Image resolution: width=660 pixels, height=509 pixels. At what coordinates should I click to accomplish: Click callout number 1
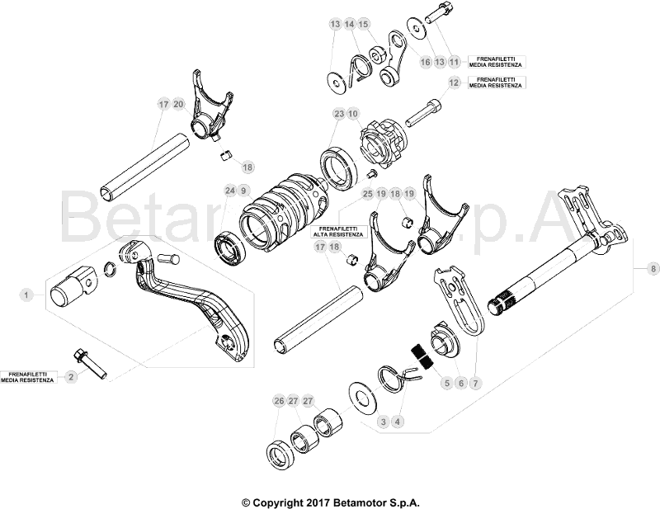click(x=27, y=294)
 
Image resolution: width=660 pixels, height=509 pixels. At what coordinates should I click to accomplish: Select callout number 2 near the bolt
click(x=71, y=377)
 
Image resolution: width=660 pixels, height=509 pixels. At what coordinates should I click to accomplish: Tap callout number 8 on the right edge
click(x=653, y=269)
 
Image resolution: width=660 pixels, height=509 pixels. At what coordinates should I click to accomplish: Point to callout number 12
click(x=454, y=82)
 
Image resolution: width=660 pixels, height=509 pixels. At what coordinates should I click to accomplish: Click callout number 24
click(x=229, y=191)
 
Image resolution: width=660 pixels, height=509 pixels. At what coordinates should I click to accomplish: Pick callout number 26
click(x=279, y=401)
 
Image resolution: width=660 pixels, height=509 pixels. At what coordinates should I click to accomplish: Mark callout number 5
click(x=446, y=383)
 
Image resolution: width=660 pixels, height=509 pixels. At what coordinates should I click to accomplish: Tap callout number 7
click(x=474, y=383)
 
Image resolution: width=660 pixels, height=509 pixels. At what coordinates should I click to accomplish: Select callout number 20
click(x=178, y=105)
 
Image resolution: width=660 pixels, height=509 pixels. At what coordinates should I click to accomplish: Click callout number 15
click(x=364, y=25)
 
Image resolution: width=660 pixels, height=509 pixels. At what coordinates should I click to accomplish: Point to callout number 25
click(x=367, y=193)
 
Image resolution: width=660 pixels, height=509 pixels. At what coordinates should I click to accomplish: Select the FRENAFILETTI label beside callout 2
click(x=28, y=377)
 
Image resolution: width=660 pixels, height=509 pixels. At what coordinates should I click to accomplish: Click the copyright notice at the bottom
click(x=330, y=502)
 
